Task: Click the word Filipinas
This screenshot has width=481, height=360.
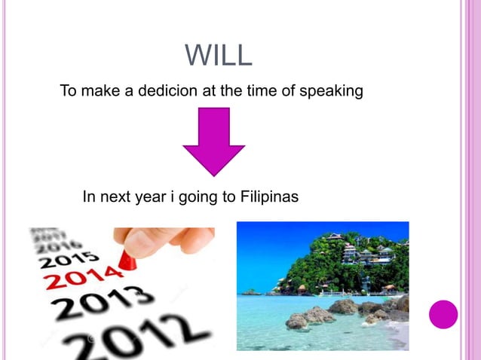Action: (x=270, y=197)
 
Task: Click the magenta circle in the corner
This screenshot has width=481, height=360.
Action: (x=443, y=314)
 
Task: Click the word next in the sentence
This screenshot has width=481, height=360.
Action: (x=114, y=197)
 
